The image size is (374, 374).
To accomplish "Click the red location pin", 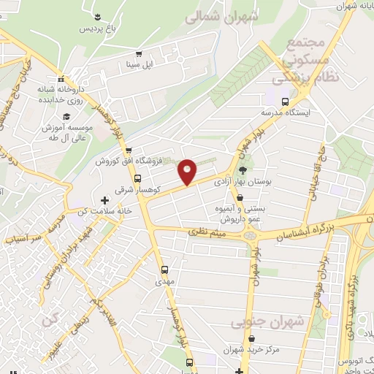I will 188,172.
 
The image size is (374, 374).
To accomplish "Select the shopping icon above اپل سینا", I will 138,53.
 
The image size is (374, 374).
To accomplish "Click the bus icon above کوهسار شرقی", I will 137,178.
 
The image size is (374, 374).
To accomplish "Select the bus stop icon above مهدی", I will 164,269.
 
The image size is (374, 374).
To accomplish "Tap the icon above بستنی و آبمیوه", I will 240,196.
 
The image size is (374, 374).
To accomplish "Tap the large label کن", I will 49,321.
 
